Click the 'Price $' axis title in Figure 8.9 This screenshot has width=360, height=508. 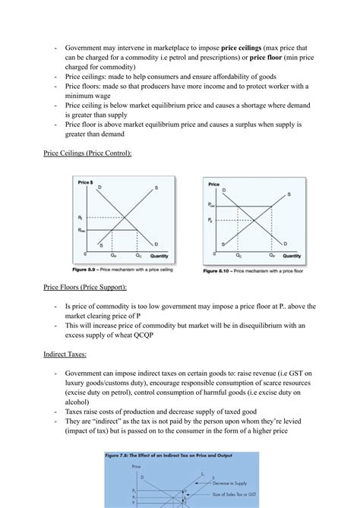[x=86, y=183]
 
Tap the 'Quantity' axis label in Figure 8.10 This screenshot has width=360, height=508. [x=291, y=256]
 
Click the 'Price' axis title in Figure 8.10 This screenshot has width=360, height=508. [x=213, y=185]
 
